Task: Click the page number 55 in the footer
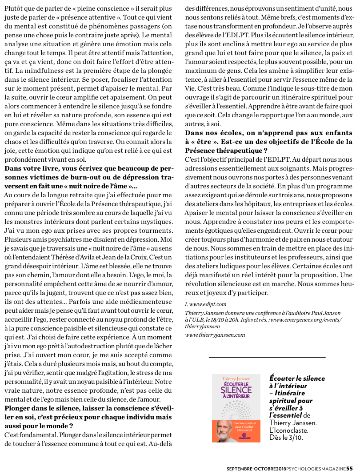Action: point(349,468)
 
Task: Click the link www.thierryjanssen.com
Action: point(215,335)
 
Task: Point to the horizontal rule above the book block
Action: point(267,357)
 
